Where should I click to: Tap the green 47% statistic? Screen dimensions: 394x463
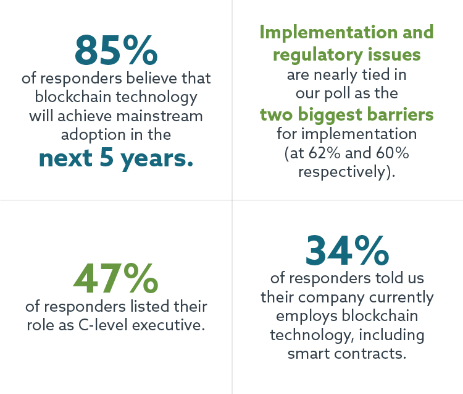pos(115,279)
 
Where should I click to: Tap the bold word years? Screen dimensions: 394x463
pos(157,158)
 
